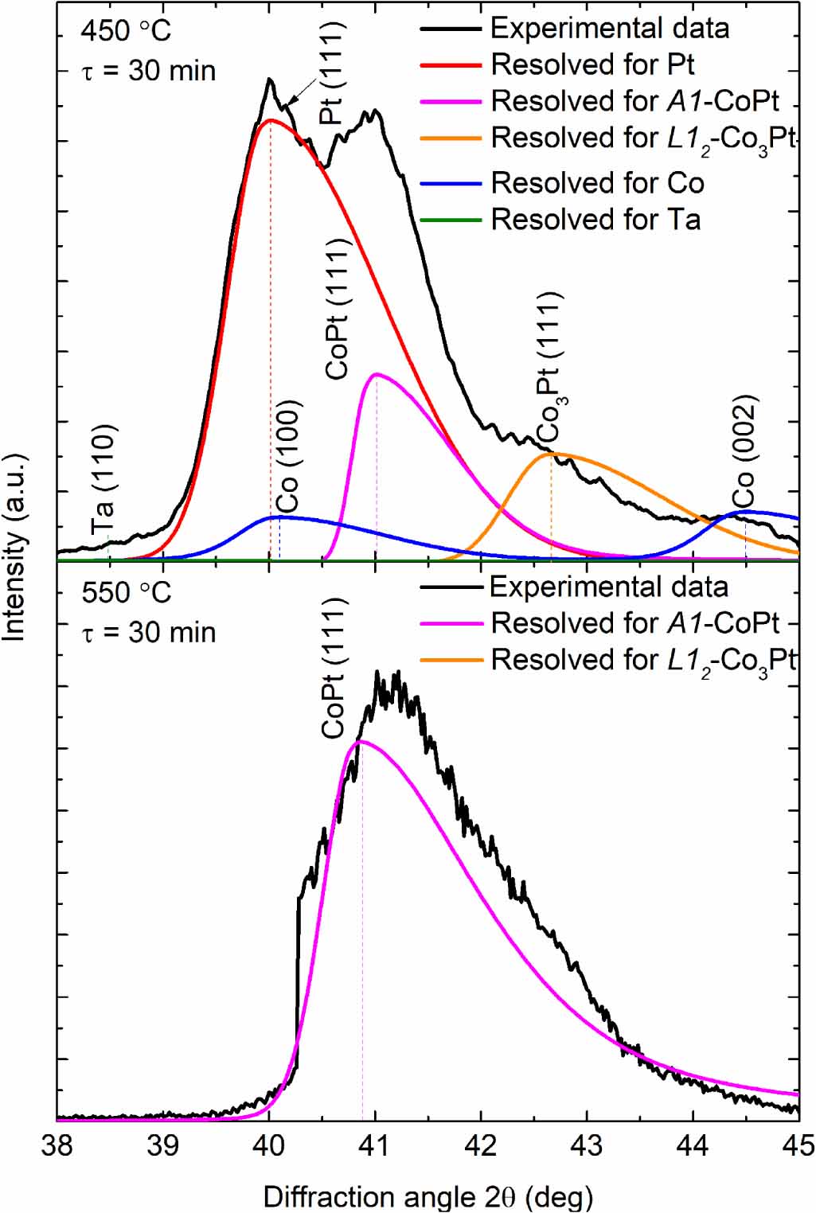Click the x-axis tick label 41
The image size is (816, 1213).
click(375, 1146)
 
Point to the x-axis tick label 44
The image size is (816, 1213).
click(693, 1146)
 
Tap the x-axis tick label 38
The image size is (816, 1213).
click(57, 1146)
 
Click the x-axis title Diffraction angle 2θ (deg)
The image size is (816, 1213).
click(428, 1195)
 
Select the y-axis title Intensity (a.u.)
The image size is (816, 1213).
click(14, 548)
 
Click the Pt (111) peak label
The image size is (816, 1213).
click(333, 73)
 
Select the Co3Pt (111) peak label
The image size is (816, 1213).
click(549, 368)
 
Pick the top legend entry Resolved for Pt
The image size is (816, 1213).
click(592, 64)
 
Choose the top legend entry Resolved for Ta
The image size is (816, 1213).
click(595, 219)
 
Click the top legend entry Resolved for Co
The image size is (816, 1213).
click(596, 183)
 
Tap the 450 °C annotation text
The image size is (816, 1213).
click(126, 32)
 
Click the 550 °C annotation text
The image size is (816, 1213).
click(126, 593)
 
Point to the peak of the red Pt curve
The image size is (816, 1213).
click(271, 120)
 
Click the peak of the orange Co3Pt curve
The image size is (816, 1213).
click(552, 454)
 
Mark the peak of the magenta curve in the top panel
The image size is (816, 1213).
click(376, 373)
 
